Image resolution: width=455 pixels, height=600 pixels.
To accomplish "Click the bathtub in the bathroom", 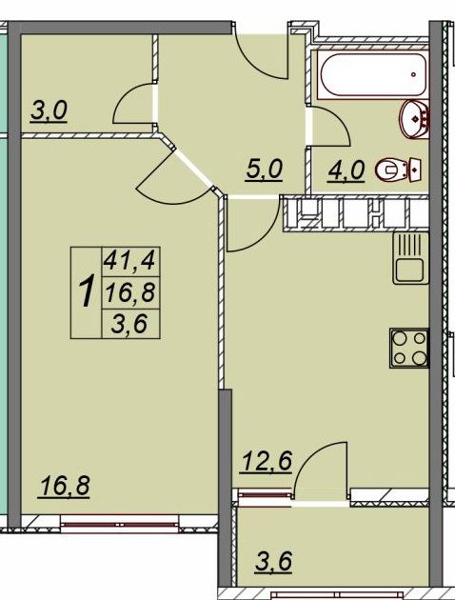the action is [373, 74].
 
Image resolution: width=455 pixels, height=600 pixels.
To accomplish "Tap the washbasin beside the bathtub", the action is [414, 119].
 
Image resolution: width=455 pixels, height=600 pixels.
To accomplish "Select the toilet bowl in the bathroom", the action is [399, 170].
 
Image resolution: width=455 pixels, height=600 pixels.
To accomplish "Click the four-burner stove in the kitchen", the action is [409, 348].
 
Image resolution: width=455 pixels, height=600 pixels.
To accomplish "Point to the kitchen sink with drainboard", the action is [410, 257].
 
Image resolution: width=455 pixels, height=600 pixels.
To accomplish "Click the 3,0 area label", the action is [49, 110].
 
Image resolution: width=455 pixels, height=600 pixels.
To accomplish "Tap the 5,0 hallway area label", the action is [265, 170].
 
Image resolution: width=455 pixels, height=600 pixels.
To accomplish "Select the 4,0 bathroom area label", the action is [346, 170].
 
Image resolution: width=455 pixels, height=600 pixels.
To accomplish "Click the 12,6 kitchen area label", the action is [267, 462].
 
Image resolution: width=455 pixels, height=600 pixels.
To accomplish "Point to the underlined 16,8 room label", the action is [64, 486].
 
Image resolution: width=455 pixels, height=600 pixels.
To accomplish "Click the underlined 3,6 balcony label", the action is [273, 561].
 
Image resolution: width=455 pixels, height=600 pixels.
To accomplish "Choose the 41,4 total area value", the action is [130, 261].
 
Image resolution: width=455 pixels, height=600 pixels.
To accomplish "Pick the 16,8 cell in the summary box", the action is [130, 292].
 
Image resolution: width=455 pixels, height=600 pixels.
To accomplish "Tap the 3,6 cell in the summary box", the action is [129, 324].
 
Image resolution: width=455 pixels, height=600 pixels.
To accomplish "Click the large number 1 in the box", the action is [87, 292].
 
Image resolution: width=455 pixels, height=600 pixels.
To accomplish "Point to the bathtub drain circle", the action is [414, 74].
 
